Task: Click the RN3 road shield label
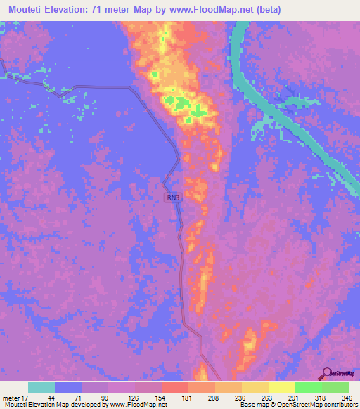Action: (x=174, y=198)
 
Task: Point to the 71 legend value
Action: (x=68, y=397)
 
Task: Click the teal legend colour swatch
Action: (x=41, y=387)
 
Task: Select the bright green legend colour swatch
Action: (x=308, y=387)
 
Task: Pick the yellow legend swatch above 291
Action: (x=281, y=387)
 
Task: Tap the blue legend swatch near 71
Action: (x=68, y=387)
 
